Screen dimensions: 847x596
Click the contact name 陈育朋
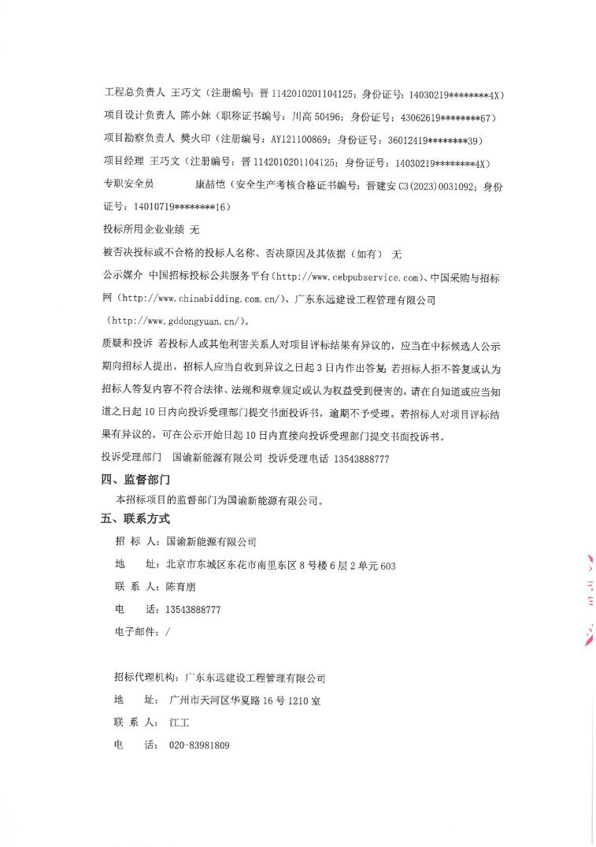tap(180, 587)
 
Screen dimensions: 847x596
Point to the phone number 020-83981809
tap(199, 745)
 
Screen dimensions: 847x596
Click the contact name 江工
tap(180, 723)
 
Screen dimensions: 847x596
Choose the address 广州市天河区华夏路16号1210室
tap(245, 700)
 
